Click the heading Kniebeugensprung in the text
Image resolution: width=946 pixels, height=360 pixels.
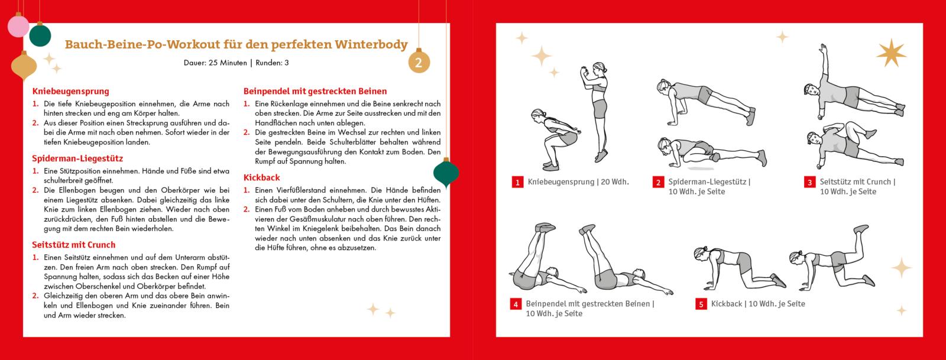click(71, 92)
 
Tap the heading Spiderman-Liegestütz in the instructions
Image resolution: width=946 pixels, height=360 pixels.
click(77, 158)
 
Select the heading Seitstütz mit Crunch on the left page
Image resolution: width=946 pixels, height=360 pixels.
click(74, 245)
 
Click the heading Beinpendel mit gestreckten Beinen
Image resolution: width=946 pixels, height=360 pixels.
click(315, 92)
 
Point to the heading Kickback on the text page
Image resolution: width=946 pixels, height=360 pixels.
click(262, 177)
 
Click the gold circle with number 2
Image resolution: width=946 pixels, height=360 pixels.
click(419, 63)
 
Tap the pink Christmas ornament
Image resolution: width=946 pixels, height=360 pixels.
click(18, 27)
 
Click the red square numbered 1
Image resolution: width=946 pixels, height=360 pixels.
click(517, 183)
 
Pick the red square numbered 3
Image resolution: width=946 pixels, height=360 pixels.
click(809, 183)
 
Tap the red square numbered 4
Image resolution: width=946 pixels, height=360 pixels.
click(516, 304)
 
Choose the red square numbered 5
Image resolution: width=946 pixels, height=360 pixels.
click(701, 304)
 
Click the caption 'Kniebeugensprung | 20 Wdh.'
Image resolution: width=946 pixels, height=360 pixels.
click(578, 182)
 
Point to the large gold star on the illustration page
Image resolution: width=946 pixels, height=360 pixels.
click(890, 53)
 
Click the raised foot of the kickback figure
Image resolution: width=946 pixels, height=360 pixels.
click(861, 228)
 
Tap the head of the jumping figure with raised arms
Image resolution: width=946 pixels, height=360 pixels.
click(601, 68)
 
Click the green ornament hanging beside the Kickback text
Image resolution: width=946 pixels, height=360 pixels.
click(446, 173)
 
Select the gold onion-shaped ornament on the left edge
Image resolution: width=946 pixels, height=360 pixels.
click(24, 66)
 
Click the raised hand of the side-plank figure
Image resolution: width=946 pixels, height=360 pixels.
click(821, 47)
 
